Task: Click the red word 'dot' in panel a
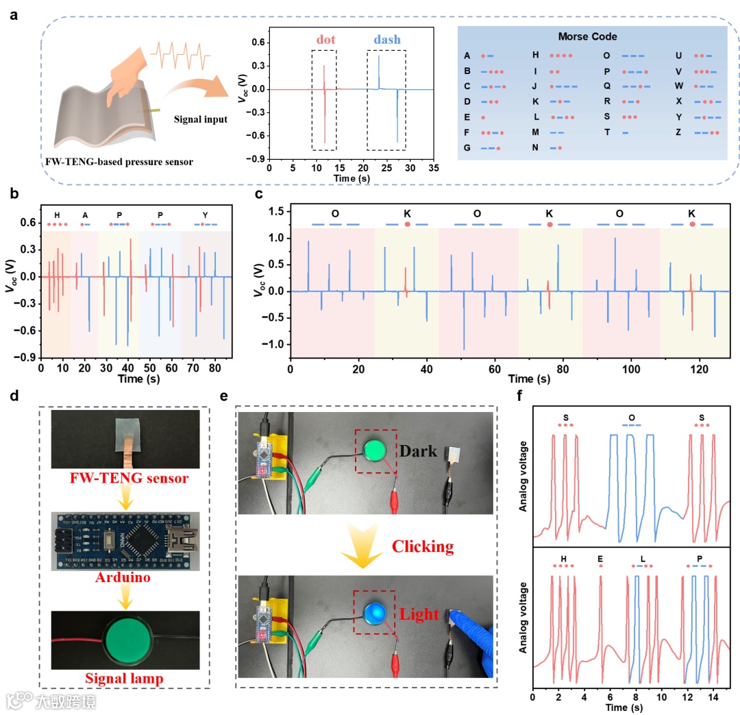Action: coord(326,40)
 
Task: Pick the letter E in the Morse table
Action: coord(467,117)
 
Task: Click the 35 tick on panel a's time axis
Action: coord(434,167)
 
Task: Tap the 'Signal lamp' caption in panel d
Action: coord(120,678)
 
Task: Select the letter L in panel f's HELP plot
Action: coord(642,559)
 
